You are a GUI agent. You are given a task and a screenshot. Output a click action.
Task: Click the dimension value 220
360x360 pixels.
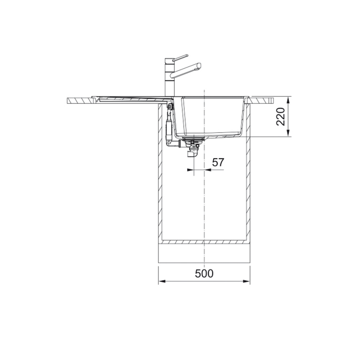pos(282,117)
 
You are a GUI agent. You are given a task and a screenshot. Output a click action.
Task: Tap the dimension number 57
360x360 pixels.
pos(218,162)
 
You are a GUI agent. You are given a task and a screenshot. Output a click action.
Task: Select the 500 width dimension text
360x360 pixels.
pos(204,274)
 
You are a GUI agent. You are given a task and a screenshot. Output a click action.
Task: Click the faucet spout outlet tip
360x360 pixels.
pos(198,66)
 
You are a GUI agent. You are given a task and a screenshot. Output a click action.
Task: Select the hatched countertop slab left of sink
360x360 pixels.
pos(80,100)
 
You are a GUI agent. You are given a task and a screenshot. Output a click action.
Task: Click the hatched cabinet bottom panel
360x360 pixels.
pos(204,242)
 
